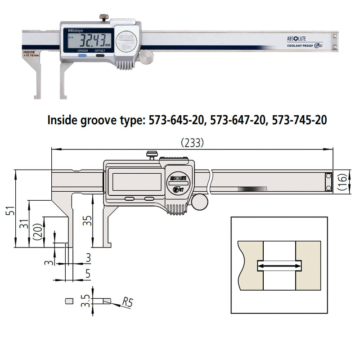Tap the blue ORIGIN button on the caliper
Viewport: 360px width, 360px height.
[x=83, y=56]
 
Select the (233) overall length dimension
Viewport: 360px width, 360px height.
[x=192, y=143]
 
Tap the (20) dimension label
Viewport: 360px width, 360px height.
[x=39, y=234]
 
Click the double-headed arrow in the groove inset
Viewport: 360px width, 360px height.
[x=279, y=266]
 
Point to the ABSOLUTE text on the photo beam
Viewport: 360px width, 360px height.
[x=296, y=39]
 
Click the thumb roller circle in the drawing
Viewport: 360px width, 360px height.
[x=200, y=201]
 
